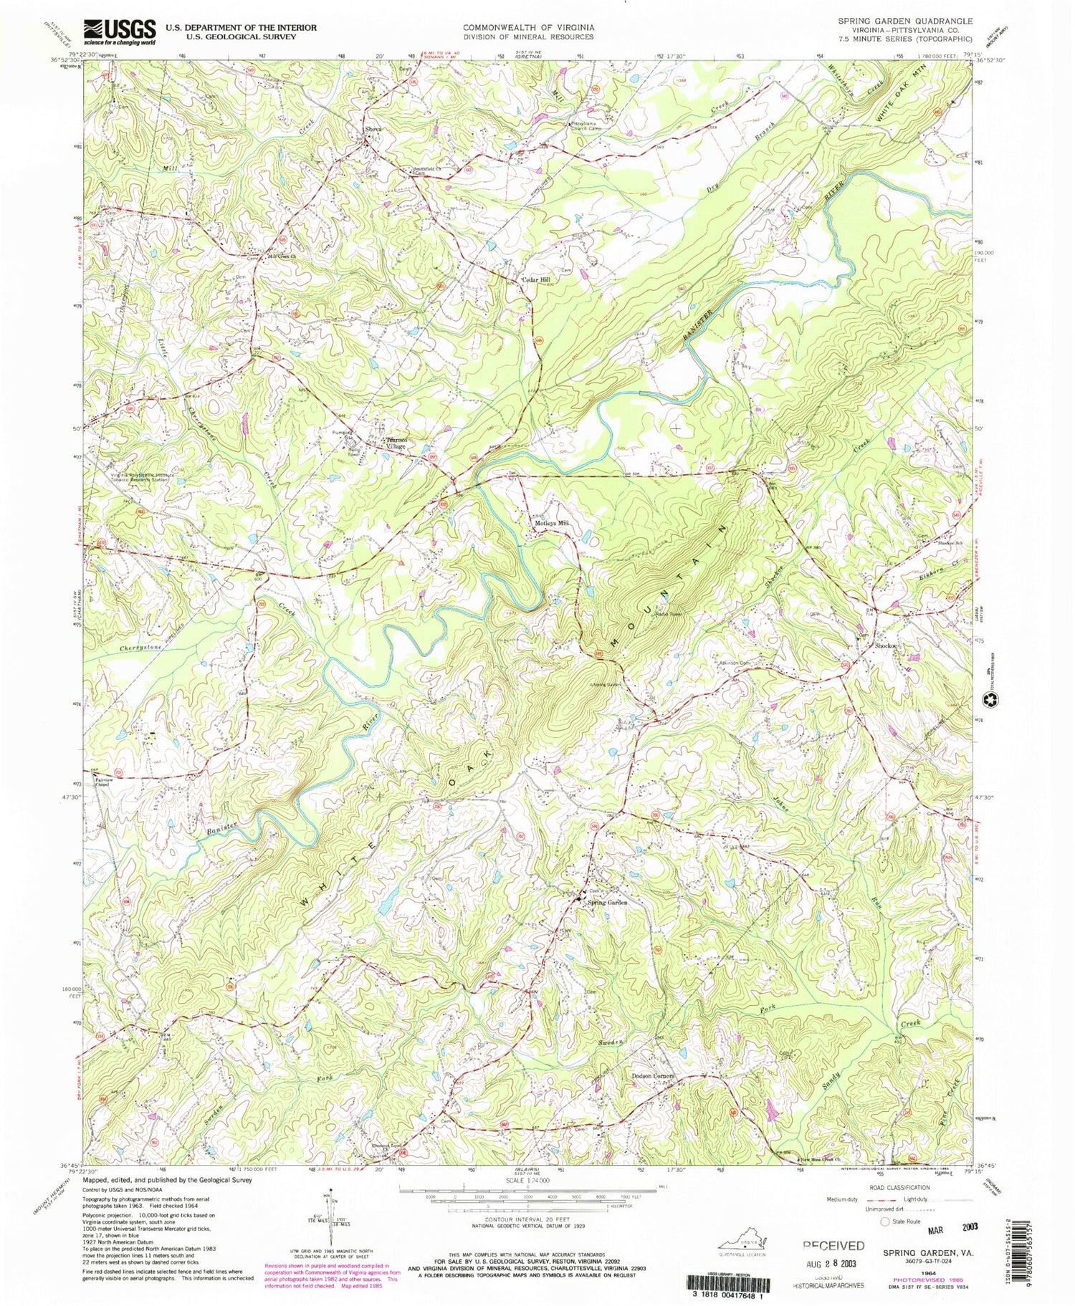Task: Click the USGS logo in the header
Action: (x=120, y=32)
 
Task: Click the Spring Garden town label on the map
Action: (x=608, y=903)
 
